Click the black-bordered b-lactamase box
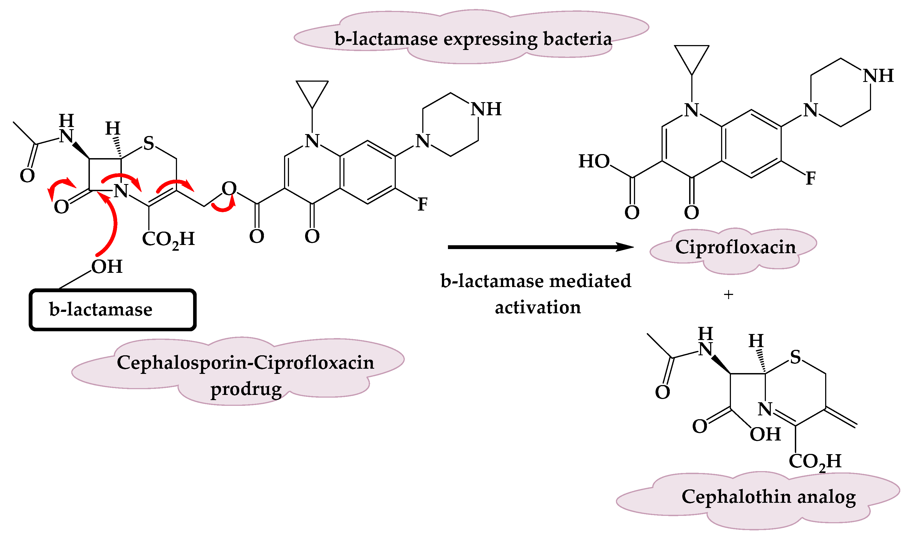point(113,310)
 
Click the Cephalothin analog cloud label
point(768,497)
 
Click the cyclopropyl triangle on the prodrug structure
point(312,92)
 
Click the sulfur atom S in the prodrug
point(149,143)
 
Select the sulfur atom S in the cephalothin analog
point(795,358)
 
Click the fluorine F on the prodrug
point(423,205)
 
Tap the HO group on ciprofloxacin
point(594,161)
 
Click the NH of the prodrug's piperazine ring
point(486,109)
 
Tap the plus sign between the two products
point(728,295)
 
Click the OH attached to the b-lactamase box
point(107,267)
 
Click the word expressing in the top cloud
point(490,39)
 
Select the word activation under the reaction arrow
point(538,308)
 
